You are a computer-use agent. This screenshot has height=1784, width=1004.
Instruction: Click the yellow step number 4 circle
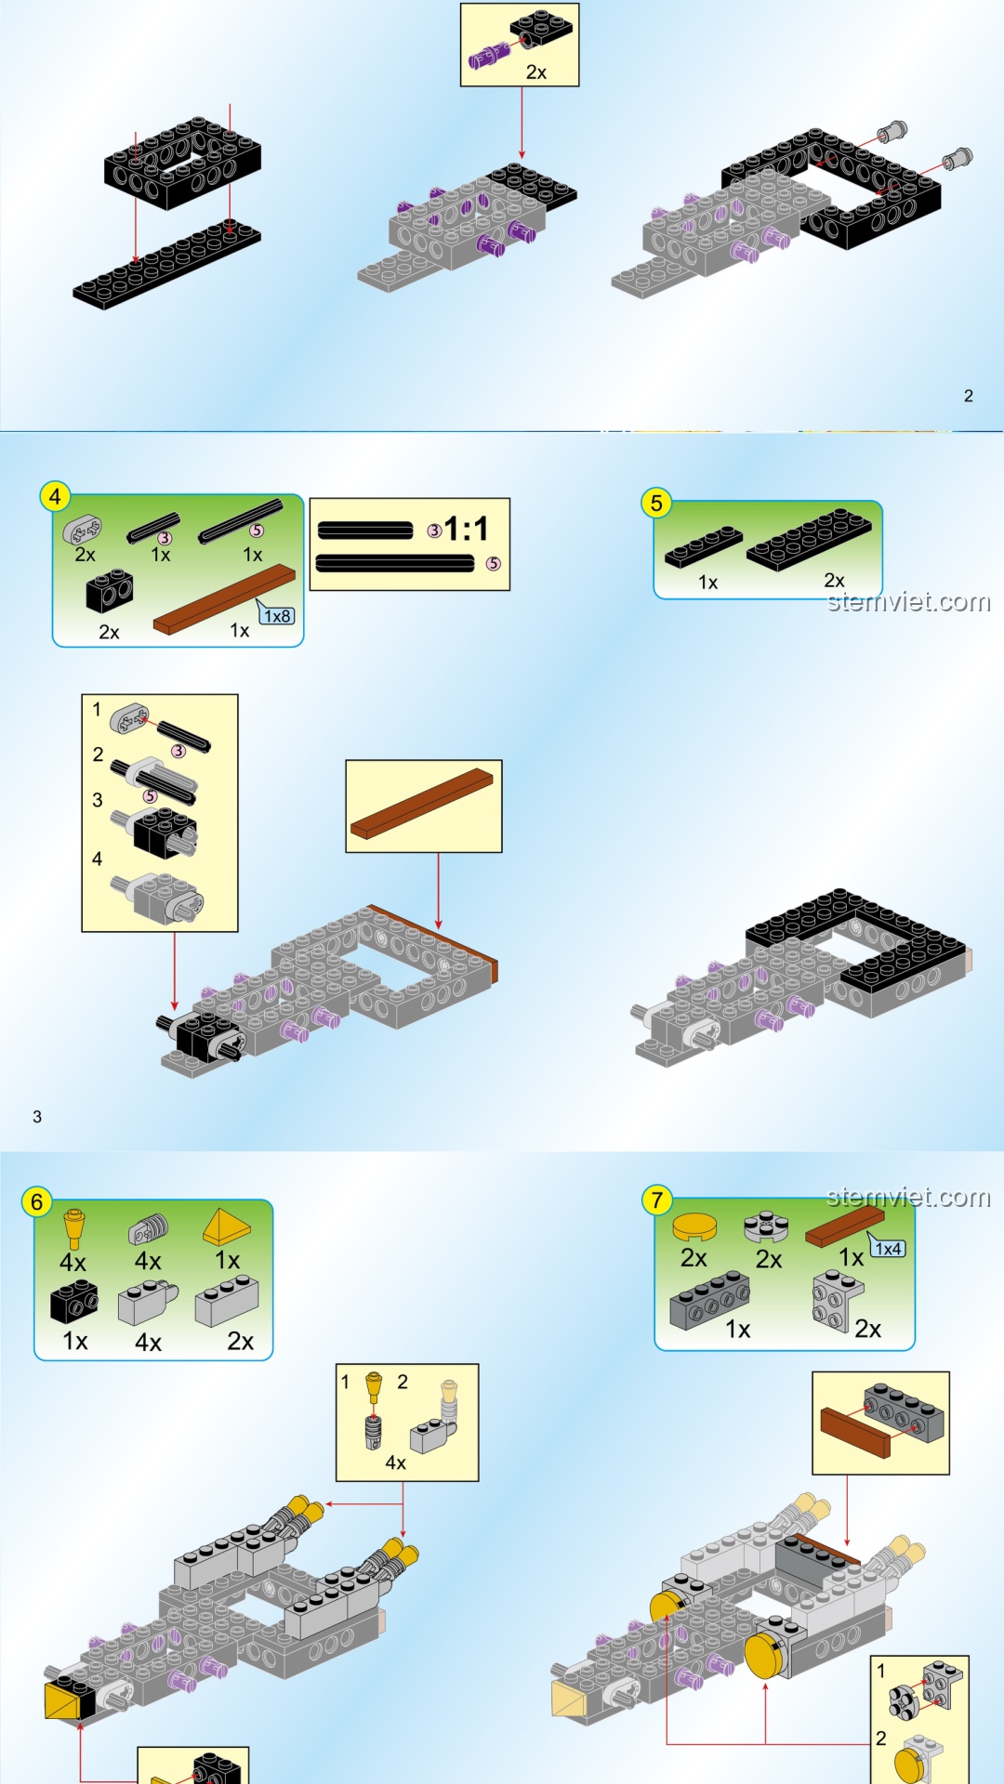pos(55,496)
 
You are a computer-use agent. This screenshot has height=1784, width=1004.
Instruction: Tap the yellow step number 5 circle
pos(656,503)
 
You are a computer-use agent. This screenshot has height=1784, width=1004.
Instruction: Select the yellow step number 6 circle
pos(37,1201)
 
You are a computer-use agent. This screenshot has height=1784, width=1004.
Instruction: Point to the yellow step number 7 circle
pos(657,1200)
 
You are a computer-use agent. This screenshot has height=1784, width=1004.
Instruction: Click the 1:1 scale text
pos(466,529)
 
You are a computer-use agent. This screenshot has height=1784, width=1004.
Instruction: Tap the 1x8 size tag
pos(277,615)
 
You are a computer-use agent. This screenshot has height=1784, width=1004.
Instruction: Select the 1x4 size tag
pos(888,1248)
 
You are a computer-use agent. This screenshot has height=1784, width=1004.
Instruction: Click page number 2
pos(968,396)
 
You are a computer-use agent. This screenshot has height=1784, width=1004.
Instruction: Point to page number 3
pos(37,1117)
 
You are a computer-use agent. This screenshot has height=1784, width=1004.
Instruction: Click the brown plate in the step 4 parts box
pos(224,600)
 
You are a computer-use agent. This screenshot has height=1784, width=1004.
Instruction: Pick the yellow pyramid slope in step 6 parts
pos(227,1226)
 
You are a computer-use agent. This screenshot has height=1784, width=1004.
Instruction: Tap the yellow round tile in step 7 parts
pos(694,1227)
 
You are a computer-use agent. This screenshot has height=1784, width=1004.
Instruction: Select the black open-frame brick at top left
pos(182,163)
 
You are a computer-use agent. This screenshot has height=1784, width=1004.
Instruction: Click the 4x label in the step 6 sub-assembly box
pos(396,1463)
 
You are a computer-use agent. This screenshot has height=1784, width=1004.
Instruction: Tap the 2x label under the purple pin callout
pos(536,72)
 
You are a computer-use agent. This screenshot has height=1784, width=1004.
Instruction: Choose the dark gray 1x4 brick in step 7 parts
pos(710,1300)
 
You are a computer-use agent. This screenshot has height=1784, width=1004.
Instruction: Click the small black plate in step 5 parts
pos(704,547)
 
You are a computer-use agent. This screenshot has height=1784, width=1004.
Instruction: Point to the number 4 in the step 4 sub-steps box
pos(97,859)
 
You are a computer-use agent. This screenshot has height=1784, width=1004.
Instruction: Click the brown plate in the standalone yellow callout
pos(422,804)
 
